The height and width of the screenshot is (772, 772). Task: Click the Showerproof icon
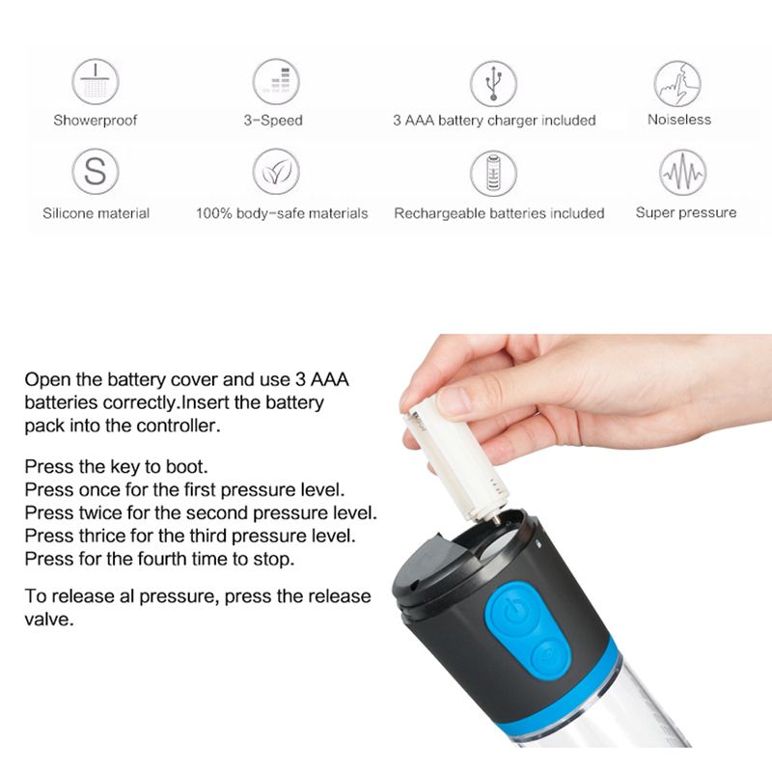(96, 82)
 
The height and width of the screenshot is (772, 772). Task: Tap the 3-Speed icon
(275, 82)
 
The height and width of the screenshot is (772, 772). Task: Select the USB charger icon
(493, 82)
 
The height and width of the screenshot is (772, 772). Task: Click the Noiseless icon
(677, 82)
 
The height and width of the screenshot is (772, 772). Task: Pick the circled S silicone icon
(96, 173)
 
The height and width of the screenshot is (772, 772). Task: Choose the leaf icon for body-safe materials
(275, 173)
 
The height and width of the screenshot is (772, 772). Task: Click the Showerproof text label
(96, 121)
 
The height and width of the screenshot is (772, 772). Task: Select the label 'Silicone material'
(96, 213)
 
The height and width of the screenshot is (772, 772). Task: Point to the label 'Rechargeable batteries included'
(499, 213)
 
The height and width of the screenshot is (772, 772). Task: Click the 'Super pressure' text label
(685, 212)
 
